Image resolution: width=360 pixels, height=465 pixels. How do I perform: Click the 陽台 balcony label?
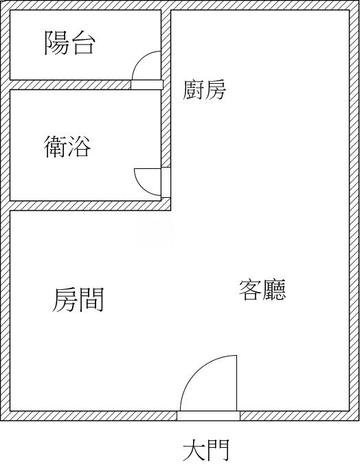(69, 43)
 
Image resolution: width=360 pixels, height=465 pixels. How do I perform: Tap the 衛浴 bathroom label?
(67, 146)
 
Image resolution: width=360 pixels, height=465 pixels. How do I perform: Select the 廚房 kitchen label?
(204, 89)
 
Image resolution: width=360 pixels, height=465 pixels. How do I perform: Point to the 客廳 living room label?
(262, 290)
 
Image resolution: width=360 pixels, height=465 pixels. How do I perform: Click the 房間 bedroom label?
(78, 299)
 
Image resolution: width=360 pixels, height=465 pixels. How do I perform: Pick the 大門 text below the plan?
(206, 450)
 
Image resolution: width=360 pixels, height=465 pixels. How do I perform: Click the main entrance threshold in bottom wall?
(208, 416)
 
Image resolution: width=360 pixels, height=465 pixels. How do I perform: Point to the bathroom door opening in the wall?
(166, 183)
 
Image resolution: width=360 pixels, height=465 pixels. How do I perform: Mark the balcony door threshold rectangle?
(147, 84)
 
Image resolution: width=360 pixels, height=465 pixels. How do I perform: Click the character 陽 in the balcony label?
(56, 43)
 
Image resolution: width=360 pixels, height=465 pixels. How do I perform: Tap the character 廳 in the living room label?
(274, 290)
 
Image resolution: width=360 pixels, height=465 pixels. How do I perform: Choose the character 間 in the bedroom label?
(91, 299)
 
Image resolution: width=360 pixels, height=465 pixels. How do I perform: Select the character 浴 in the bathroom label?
(79, 146)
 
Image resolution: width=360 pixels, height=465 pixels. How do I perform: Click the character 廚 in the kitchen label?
(193, 89)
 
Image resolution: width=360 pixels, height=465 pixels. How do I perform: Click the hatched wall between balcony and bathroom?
(71, 84)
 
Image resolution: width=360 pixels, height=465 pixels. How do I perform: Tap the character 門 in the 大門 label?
(218, 450)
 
